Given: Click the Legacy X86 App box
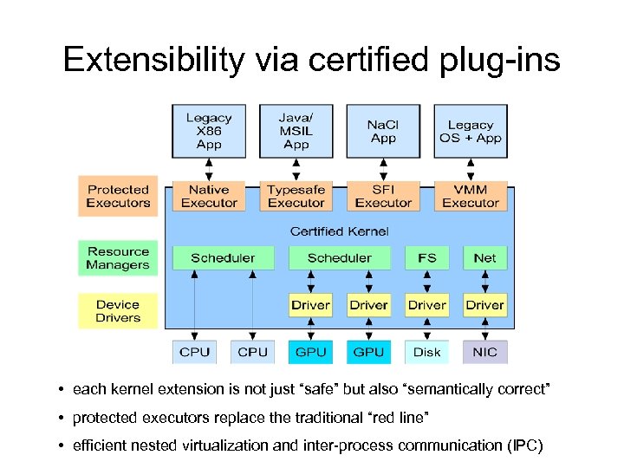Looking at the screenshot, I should (x=209, y=131).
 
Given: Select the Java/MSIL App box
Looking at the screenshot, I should (x=296, y=131).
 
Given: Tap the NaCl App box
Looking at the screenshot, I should (x=383, y=131).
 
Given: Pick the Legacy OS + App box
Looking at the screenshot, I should (x=471, y=131).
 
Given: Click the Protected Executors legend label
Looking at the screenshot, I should (x=118, y=196).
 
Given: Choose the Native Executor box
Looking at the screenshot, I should (x=209, y=196).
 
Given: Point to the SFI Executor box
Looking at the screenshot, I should (x=383, y=196).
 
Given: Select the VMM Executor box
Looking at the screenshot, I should (x=471, y=196).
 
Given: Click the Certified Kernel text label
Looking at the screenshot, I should (x=339, y=231).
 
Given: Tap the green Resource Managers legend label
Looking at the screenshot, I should (x=118, y=258).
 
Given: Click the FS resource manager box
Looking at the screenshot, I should (x=426, y=257).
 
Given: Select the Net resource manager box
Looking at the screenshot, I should (x=484, y=257).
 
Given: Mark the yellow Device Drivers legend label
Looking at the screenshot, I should (x=118, y=311).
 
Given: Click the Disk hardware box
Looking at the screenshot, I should (x=426, y=352).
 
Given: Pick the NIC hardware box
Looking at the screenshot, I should (x=484, y=352).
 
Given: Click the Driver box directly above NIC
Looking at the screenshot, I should (x=484, y=305).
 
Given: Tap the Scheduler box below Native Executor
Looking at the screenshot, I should (x=223, y=257).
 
